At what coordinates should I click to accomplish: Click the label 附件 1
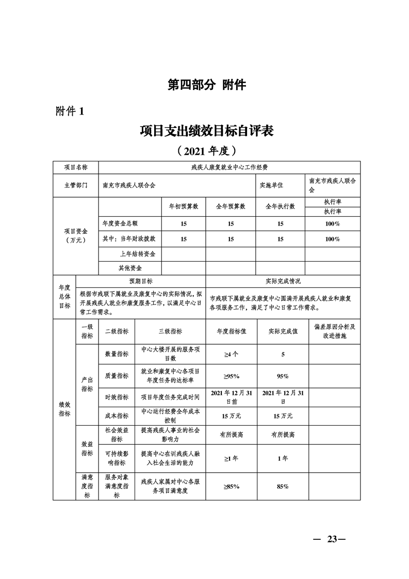(69, 111)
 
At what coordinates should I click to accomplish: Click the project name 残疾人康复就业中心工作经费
(229, 167)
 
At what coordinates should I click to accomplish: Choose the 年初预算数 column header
(184, 206)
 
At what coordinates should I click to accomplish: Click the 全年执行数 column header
(281, 206)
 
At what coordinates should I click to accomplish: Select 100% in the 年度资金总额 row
(333, 224)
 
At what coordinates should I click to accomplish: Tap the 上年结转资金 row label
(137, 253)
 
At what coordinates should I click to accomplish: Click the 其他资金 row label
(130, 268)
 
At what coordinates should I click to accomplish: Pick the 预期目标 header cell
(141, 281)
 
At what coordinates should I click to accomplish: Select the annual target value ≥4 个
(230, 355)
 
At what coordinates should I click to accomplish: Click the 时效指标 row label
(117, 397)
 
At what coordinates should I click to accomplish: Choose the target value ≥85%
(230, 486)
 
